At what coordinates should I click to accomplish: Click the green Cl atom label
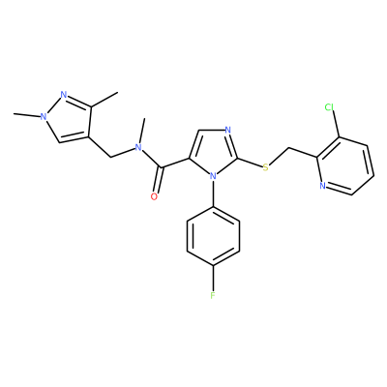(329, 107)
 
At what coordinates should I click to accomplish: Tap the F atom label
(213, 295)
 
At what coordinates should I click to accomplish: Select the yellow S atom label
(265, 167)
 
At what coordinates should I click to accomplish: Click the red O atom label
(154, 196)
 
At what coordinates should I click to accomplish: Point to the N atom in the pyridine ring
(322, 186)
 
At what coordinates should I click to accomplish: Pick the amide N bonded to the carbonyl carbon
(138, 147)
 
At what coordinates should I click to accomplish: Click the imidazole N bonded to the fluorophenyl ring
(213, 176)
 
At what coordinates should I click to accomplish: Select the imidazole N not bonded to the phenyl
(228, 131)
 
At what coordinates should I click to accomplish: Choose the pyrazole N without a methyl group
(64, 95)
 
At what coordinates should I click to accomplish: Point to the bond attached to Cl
(335, 125)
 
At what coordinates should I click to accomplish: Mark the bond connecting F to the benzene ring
(213, 278)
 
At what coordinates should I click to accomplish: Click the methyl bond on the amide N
(142, 131)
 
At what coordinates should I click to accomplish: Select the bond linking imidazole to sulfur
(250, 163)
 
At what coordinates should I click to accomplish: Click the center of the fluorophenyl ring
(213, 236)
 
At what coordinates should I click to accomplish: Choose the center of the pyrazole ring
(66, 120)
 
